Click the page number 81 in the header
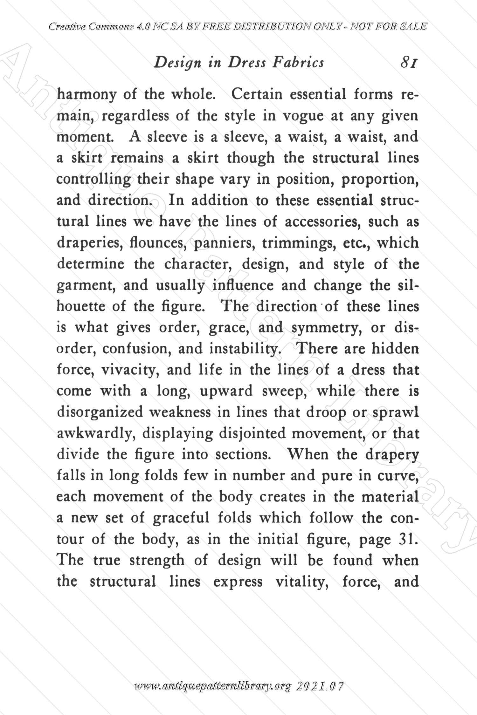(409, 63)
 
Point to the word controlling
(93, 180)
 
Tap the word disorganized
(100, 412)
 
